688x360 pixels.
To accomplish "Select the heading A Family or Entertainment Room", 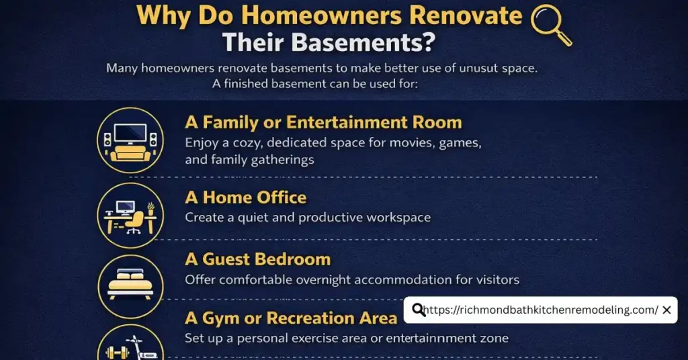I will tap(323, 122).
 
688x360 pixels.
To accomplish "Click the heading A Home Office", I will tap(246, 197).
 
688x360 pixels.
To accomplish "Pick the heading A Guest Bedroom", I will tap(258, 259).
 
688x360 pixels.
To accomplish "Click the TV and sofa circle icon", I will tap(130, 140).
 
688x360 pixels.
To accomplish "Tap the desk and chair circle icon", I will tap(130, 216).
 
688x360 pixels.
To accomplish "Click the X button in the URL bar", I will tap(666, 310).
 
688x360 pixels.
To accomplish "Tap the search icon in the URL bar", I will tap(419, 310).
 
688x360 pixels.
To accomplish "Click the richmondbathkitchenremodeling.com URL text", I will tap(542, 310).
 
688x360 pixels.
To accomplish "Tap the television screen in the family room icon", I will tap(130, 131).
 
